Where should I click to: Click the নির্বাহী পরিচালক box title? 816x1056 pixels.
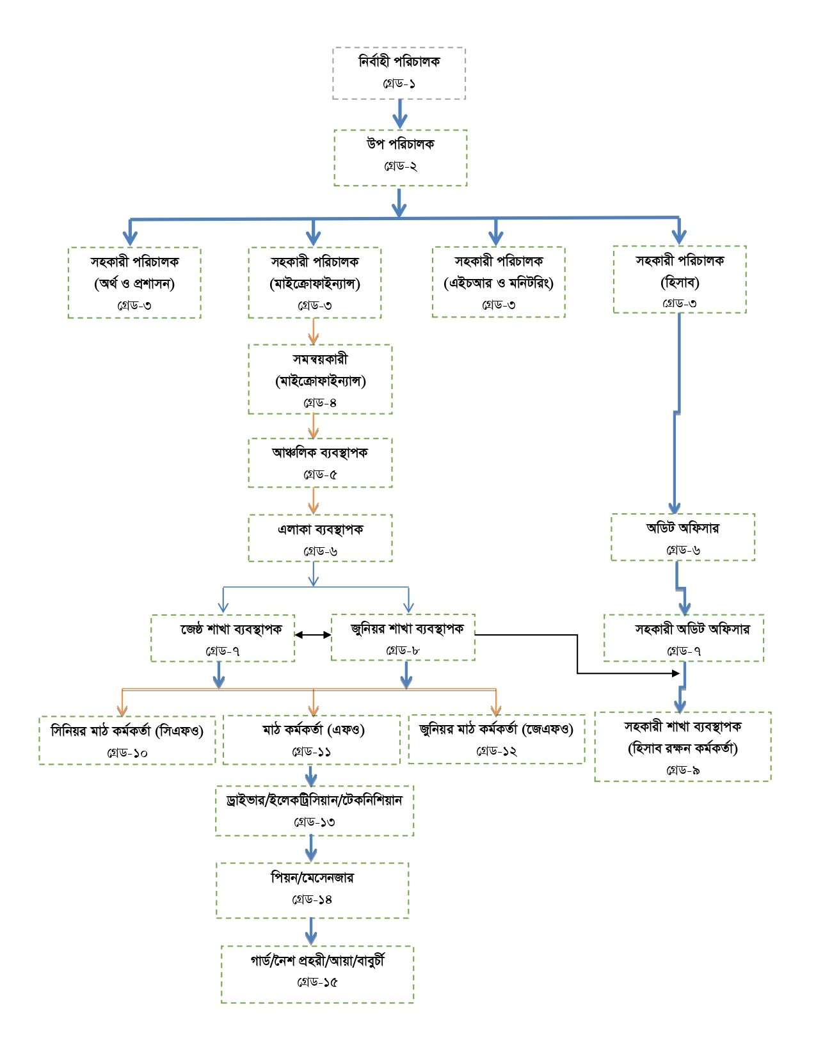[399, 61]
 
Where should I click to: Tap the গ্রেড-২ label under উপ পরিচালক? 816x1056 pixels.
[401, 166]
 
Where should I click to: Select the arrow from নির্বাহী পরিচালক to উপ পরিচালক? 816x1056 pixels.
[400, 114]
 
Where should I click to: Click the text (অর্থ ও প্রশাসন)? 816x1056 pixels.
[134, 284]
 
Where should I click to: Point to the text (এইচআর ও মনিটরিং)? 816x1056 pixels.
[499, 282]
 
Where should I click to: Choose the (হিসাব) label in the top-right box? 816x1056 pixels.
[680, 282]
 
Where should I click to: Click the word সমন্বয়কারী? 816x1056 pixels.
[320, 359]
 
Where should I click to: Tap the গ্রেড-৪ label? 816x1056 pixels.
[320, 403]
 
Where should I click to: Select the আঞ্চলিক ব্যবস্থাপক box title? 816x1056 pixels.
[320, 452]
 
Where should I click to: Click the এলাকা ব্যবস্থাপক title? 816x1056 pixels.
[320, 529]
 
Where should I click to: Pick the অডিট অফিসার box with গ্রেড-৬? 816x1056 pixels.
[683, 537]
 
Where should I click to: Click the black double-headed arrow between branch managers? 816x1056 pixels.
[313, 635]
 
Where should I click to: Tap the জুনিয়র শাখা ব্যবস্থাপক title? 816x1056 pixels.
[407, 629]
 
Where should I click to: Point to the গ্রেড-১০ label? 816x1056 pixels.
[127, 753]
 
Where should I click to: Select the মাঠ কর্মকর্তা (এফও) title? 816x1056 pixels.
[314, 730]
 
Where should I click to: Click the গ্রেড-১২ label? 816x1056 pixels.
[496, 751]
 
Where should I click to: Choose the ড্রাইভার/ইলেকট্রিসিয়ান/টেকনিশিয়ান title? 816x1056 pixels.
[314, 800]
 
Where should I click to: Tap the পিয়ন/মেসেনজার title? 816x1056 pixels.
[312, 877]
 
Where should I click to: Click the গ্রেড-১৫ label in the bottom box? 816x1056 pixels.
[317, 982]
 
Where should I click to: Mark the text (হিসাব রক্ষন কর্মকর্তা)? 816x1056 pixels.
[683, 748]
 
